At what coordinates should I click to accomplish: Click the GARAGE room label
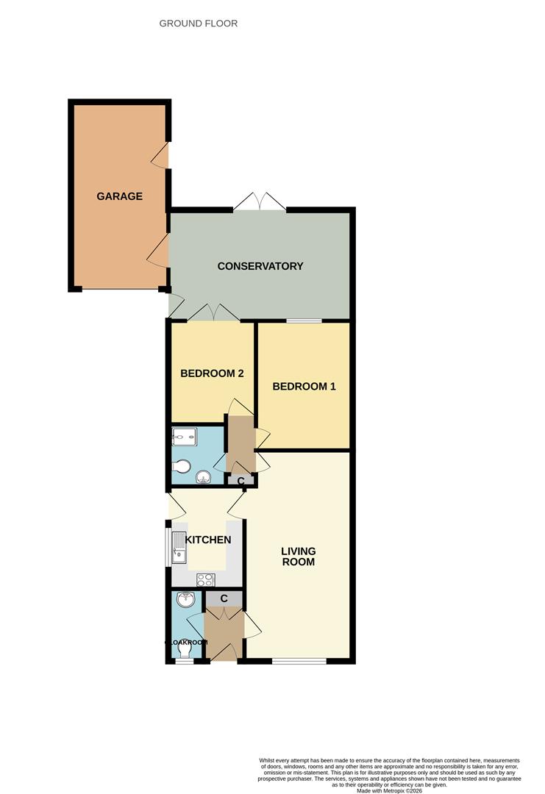[119, 196]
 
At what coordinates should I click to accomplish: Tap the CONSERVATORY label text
[260, 266]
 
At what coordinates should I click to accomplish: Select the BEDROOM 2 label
[212, 373]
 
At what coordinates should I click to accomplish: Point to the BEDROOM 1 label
[304, 386]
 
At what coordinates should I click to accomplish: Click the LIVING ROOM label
[299, 557]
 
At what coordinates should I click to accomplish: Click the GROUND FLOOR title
[199, 24]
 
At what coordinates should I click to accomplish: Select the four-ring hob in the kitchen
[204, 579]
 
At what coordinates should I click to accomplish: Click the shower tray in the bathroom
[183, 438]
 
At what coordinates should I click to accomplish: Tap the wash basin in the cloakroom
[184, 601]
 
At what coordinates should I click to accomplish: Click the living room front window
[299, 660]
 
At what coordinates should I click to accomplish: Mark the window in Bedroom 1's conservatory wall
[304, 321]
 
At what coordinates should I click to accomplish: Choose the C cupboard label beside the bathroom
[241, 481]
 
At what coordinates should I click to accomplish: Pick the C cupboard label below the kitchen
[224, 598]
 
